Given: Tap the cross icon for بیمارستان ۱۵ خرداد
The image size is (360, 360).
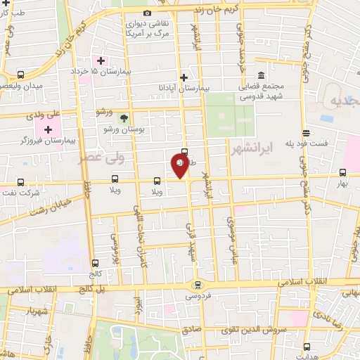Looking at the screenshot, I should (x=101, y=60).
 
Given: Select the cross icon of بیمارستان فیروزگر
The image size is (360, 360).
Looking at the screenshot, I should (x=48, y=129).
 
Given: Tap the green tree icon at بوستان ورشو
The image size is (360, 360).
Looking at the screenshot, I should (x=124, y=118).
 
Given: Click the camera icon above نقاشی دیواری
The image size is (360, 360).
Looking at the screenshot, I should (x=147, y=13).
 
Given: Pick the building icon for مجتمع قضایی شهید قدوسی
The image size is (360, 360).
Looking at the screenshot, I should (x=261, y=75).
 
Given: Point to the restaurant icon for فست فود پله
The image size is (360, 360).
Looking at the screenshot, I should (x=305, y=132).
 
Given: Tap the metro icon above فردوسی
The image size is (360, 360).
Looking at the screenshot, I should (x=198, y=285).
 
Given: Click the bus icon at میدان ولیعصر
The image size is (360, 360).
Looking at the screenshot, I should (x=20, y=75).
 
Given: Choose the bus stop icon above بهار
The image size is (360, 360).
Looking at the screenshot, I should (x=343, y=172).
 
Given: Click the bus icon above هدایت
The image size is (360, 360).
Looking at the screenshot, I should (x=307, y=346).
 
